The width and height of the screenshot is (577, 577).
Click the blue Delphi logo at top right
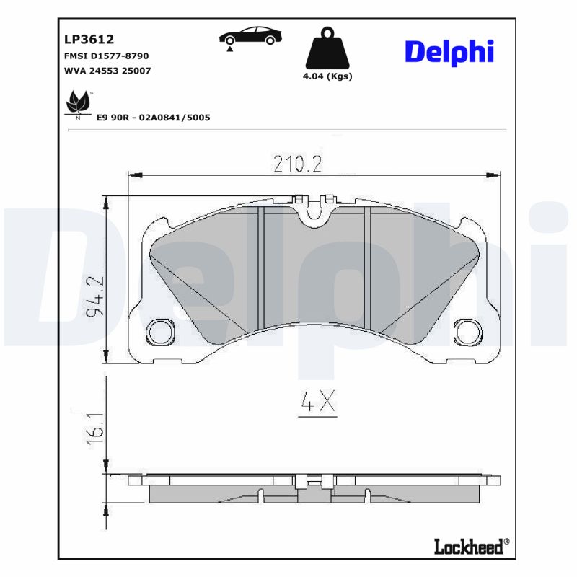click(x=449, y=51)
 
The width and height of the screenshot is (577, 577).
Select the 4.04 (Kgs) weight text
click(x=327, y=76)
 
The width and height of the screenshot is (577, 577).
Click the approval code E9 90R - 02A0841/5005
click(x=153, y=117)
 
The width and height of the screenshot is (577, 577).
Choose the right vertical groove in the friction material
click(x=366, y=267)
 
